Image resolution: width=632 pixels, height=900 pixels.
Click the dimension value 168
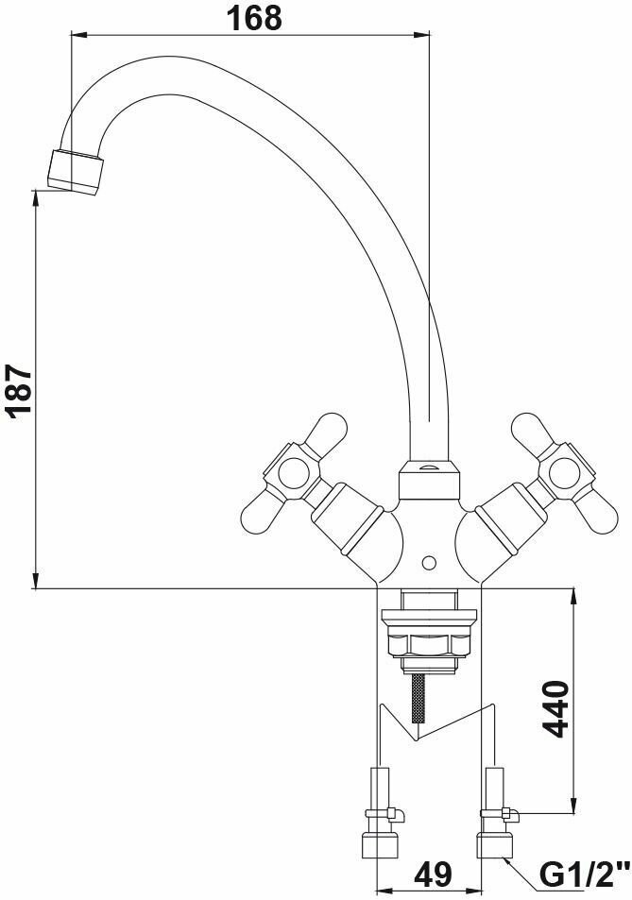pos(255,18)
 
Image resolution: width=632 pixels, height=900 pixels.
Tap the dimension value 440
pos(555,708)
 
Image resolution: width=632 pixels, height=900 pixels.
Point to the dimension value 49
pos(433,875)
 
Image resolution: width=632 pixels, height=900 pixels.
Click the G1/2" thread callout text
pos(583,875)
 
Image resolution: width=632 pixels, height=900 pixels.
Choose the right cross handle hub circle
pos(562,473)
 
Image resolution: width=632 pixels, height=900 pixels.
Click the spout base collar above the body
pos(430,480)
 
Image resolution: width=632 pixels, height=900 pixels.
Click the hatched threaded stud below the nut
pos(419,697)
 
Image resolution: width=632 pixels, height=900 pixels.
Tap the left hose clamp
pos(385,813)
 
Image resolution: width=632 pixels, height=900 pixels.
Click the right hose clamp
pos(500,813)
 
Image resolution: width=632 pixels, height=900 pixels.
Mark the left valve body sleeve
pos(348,520)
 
